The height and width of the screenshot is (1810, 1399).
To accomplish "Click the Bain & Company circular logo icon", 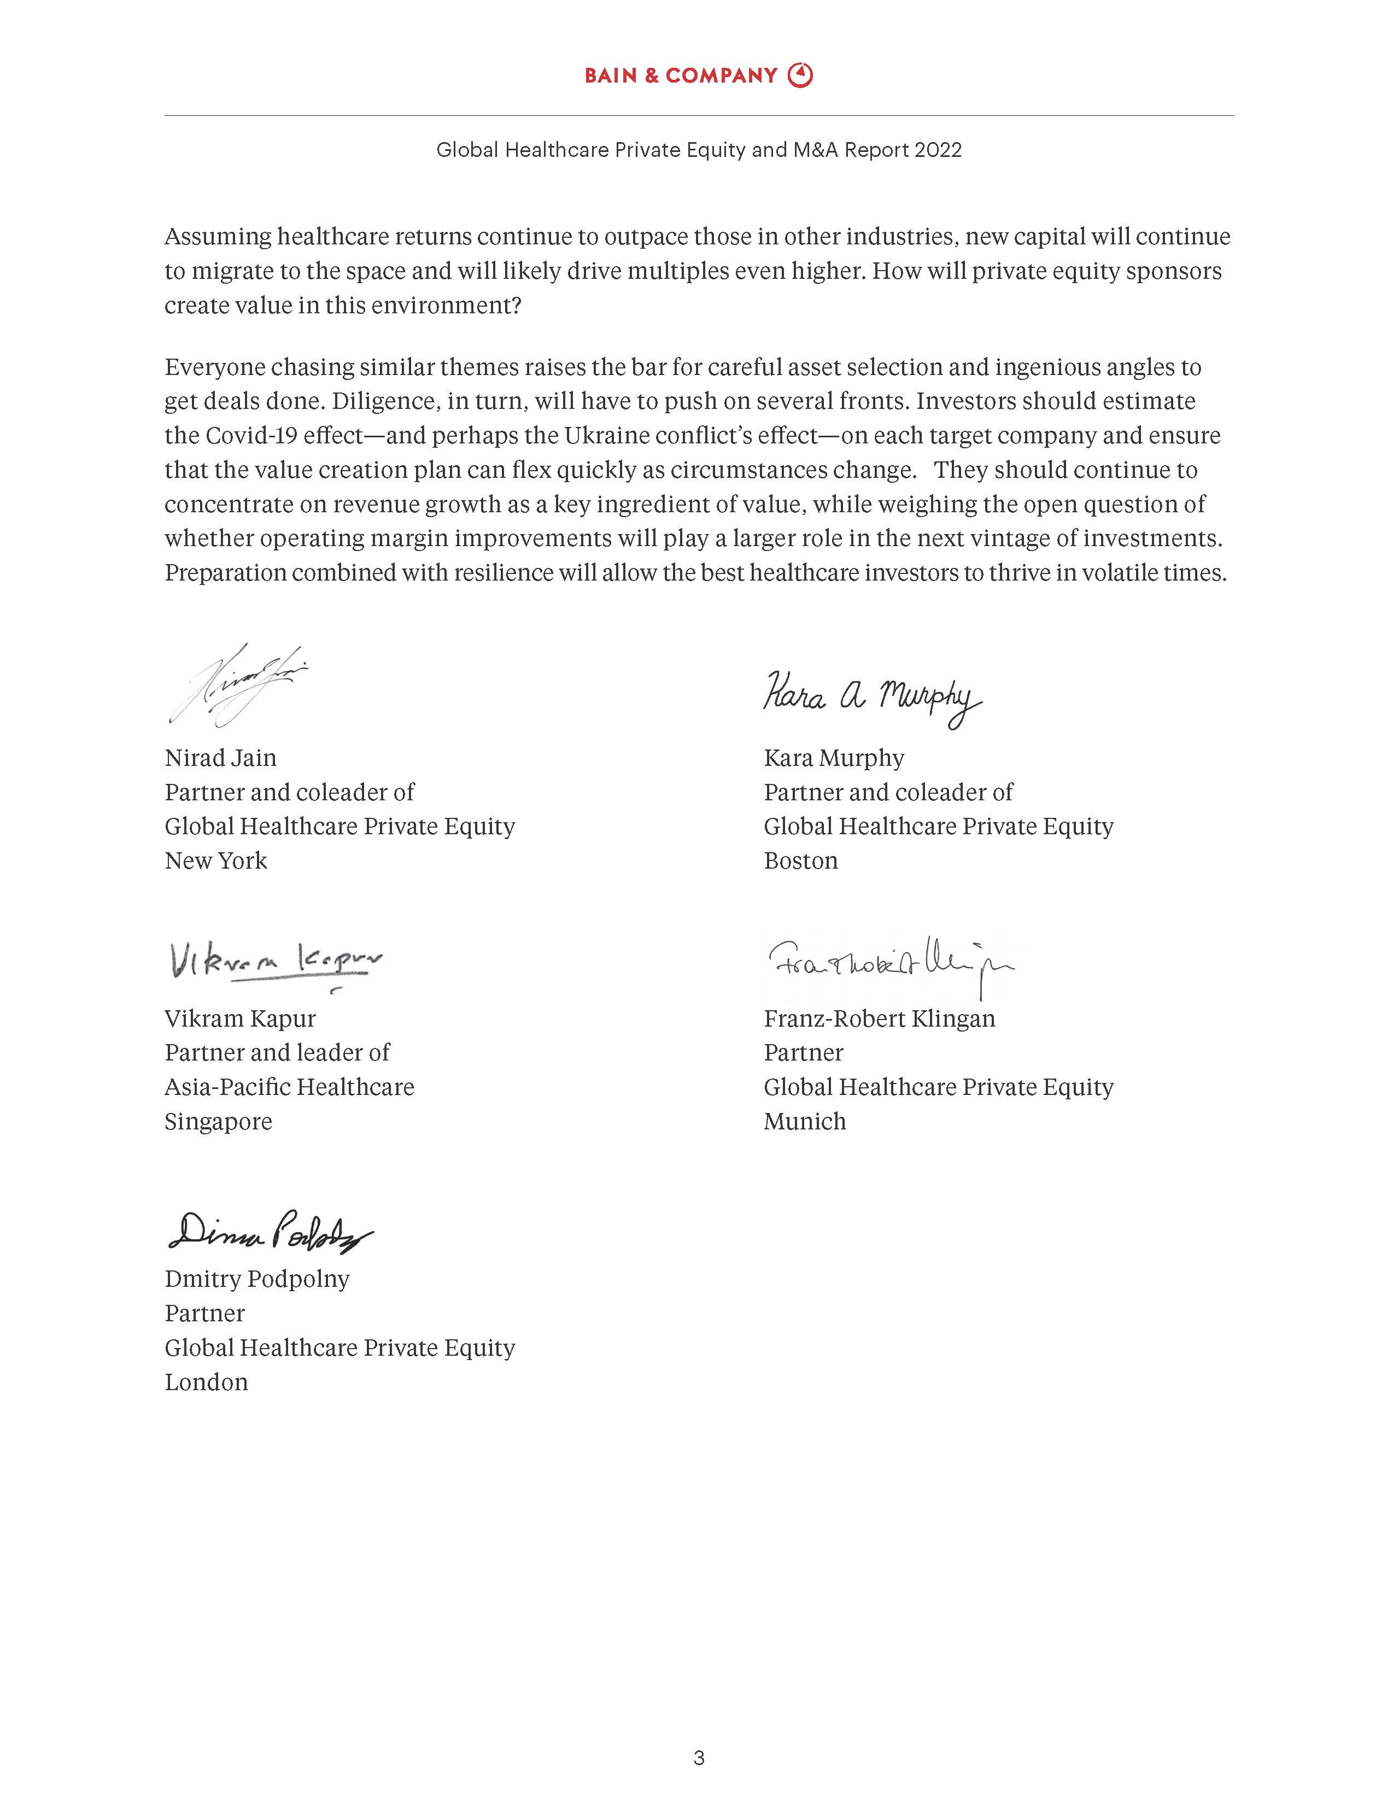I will coord(800,75).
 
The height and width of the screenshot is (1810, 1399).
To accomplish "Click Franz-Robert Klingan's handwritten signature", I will coord(890,964).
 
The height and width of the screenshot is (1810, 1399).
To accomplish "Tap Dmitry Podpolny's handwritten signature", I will coord(270,1231).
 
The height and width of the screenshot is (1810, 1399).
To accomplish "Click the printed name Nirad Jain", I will coord(220,758).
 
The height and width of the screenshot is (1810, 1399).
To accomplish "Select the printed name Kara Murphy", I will coord(834,758).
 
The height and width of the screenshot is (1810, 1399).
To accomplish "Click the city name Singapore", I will coord(218,1121).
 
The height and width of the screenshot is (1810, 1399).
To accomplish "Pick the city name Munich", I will coord(805,1121).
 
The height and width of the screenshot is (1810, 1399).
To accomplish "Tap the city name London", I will coord(206,1381).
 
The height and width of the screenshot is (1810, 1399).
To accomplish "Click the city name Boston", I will coord(800,860).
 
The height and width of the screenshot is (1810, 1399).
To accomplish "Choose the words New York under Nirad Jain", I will coord(215,860).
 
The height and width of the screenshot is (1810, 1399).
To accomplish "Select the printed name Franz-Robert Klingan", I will coord(879,1018).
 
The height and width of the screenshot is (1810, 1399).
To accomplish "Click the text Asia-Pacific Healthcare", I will coord(289,1087).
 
